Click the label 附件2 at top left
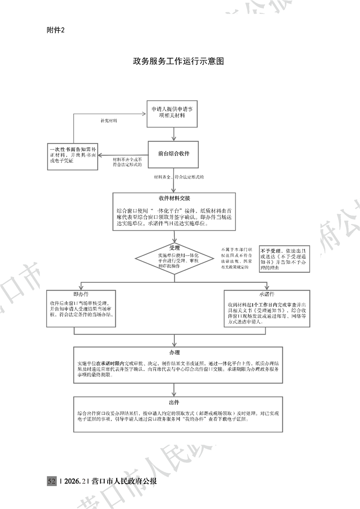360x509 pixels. coord(56,30)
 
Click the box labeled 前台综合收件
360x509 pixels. coord(174,154)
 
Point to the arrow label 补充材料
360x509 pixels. coord(109,121)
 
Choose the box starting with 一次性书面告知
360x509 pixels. coord(74,155)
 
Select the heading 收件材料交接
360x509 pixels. coord(174,198)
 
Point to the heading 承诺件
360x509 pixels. coord(267,294)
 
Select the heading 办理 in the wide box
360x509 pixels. coord(174,352)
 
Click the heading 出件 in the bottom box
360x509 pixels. coord(174,403)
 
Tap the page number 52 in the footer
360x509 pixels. coord(51,481)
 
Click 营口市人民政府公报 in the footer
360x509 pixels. coord(124,481)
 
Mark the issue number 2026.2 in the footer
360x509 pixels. coord(75,481)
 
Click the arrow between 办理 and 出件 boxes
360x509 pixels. coord(174,389)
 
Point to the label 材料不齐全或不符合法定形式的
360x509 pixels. coord(128,162)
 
